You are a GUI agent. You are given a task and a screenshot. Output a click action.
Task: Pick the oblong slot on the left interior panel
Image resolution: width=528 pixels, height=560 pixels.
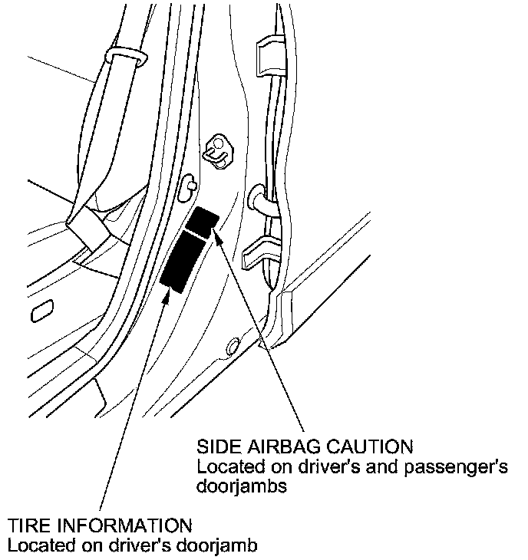(41, 309)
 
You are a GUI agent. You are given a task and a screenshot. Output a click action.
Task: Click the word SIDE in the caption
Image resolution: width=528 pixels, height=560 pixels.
(216, 447)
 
